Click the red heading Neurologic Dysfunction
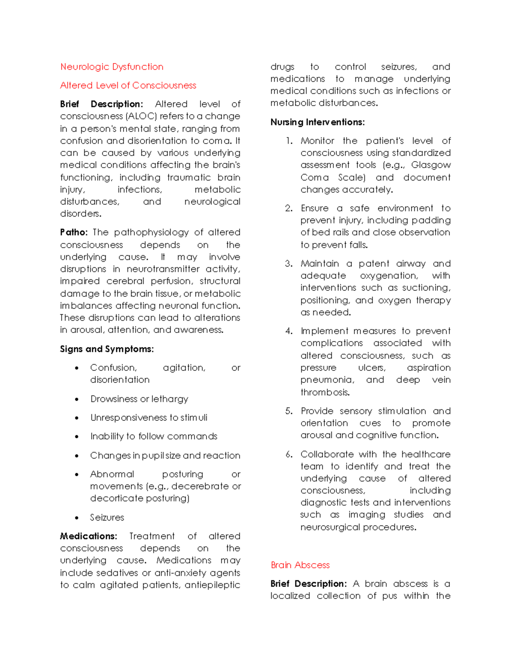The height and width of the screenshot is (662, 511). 112,67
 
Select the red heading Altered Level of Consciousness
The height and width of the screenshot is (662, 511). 128,86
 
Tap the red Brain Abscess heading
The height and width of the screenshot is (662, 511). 300,565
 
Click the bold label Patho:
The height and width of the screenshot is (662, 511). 74,232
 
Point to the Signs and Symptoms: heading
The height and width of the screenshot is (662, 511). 106,349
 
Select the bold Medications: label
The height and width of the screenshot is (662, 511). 88,536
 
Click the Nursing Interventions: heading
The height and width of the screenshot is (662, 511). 317,122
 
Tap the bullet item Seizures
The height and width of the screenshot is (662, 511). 107,517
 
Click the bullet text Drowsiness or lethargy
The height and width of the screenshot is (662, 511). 139,399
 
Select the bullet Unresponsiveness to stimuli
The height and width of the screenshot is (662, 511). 149,418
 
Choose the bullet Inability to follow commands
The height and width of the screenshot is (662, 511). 154,437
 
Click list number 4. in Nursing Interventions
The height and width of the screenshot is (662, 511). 289,331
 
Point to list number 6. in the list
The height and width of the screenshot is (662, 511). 289,454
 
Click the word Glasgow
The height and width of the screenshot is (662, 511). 431,165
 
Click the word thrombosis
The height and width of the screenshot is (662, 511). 325,392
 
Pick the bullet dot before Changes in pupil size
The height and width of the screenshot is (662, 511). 77,456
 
